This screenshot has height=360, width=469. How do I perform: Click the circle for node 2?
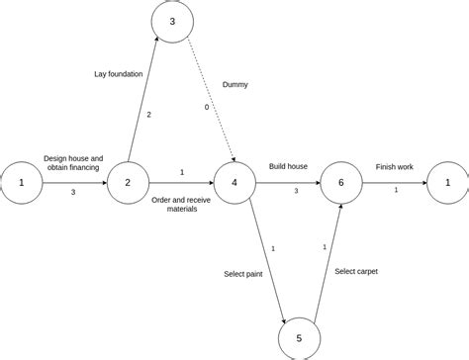tap(127, 182)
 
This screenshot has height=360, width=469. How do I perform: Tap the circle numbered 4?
tap(234, 182)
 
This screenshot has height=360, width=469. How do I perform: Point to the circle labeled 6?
tap(340, 182)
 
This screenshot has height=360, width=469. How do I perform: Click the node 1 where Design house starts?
tap(20, 182)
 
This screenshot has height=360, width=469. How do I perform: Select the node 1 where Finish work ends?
tap(447, 182)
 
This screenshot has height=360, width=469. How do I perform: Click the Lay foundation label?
tap(120, 73)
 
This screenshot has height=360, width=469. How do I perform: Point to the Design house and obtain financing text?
tap(73, 162)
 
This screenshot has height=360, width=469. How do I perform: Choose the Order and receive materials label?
tap(181, 203)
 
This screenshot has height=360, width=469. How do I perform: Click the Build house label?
tap(289, 166)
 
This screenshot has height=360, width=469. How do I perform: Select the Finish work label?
tap(395, 166)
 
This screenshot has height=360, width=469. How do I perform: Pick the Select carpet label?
tap(356, 270)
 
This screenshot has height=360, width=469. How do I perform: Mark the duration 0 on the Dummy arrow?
tap(206, 107)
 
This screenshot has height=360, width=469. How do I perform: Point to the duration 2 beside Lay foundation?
tap(148, 115)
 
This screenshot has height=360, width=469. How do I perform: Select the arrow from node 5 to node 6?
tap(328, 261)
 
